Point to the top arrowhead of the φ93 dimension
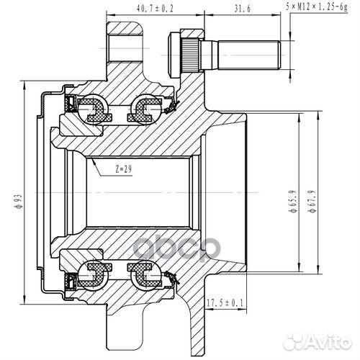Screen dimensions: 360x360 point(25,94)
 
